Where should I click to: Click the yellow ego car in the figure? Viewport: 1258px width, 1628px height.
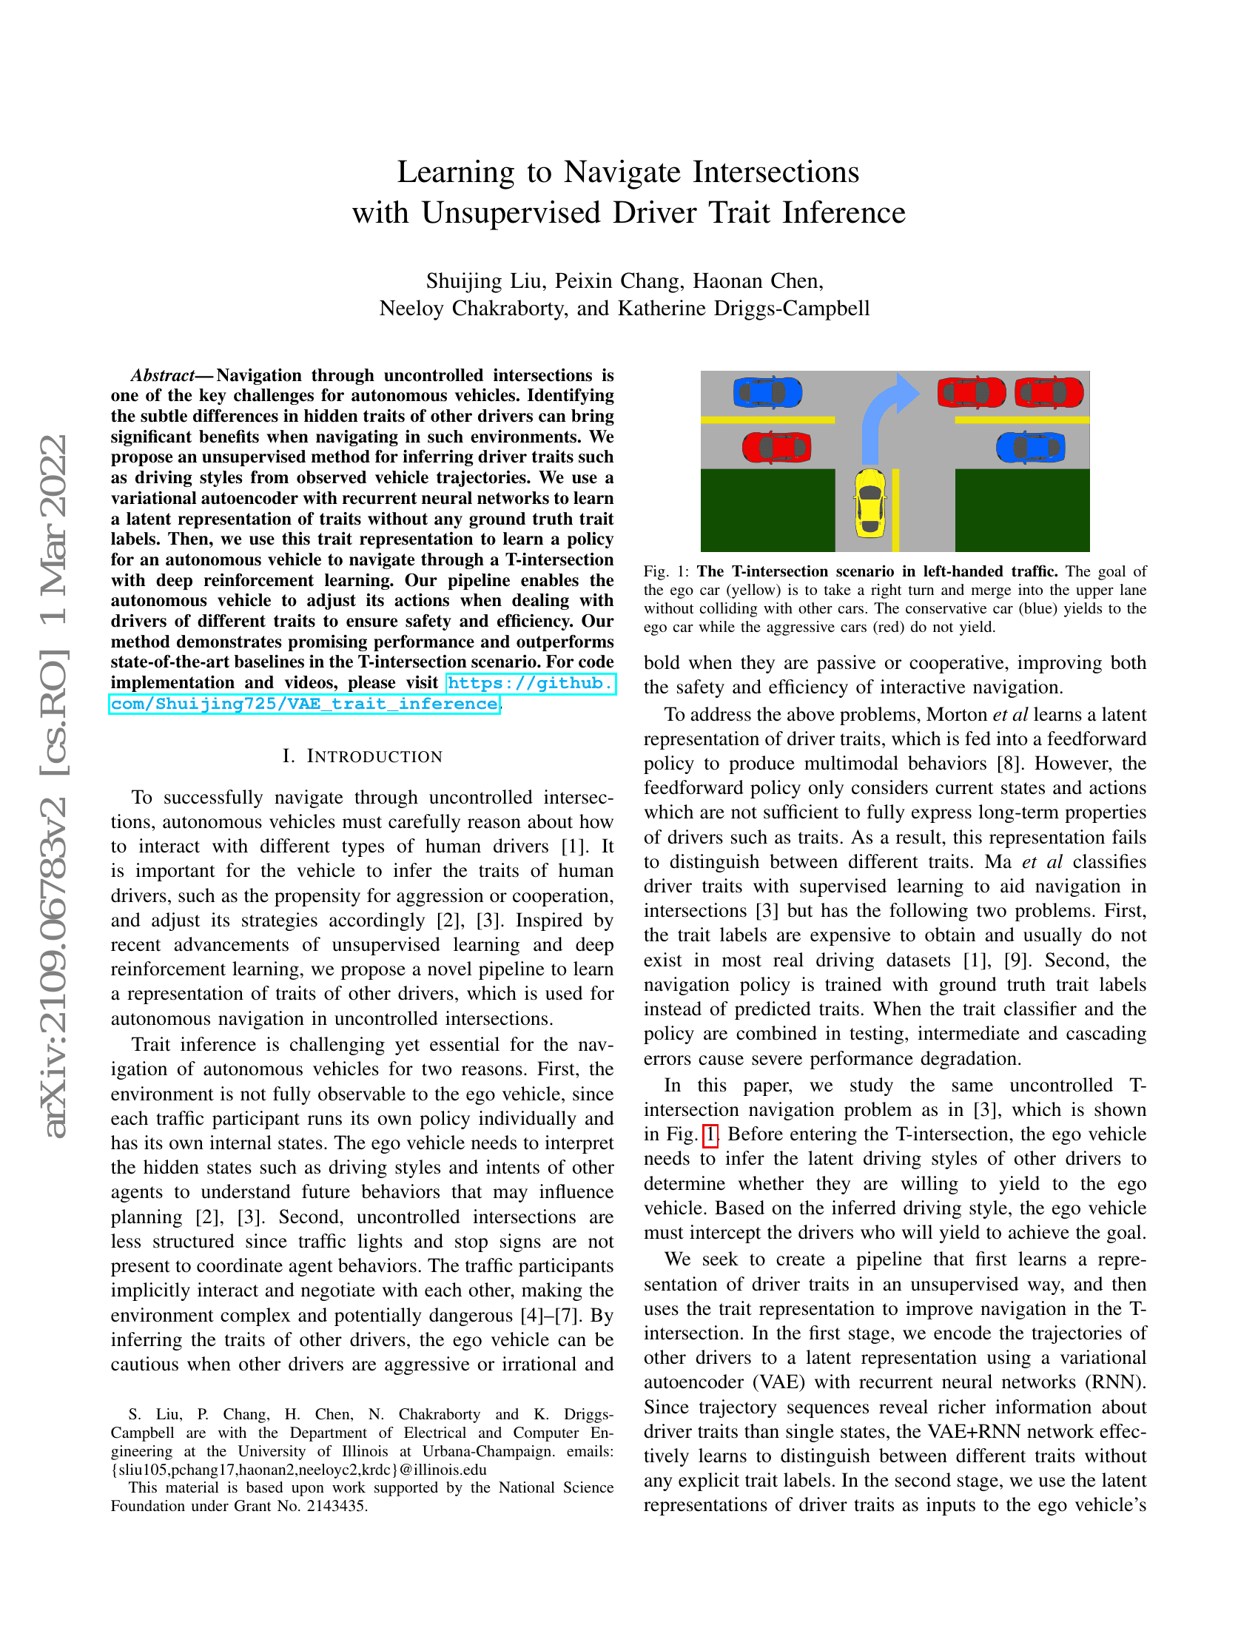(869, 502)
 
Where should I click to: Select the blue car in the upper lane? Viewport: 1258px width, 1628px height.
(767, 392)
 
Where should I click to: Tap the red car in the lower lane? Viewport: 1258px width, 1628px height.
(776, 447)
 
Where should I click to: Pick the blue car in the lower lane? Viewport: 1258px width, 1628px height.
(1031, 447)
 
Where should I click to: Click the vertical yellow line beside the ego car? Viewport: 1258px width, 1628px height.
(895, 510)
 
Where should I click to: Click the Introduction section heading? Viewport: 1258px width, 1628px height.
(363, 756)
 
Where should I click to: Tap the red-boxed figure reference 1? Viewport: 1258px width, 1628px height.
(710, 1134)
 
